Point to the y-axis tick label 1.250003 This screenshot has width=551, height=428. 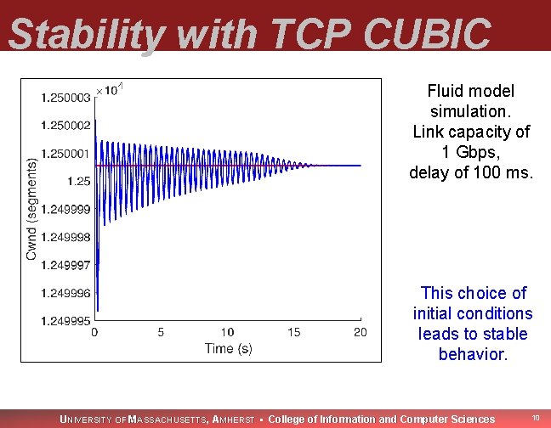(x=65, y=98)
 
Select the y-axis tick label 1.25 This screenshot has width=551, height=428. (x=78, y=181)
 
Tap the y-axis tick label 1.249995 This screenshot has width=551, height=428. (x=65, y=320)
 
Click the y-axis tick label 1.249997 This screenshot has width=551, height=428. (x=65, y=265)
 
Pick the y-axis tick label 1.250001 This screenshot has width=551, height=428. (x=65, y=154)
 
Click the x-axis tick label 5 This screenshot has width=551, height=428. (x=161, y=332)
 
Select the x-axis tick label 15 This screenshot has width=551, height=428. (x=293, y=332)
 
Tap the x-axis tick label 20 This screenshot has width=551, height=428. (x=361, y=332)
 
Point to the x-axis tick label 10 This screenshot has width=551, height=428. (x=227, y=332)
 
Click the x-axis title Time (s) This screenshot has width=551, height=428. (x=228, y=348)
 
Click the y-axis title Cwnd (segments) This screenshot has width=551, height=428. (x=31, y=208)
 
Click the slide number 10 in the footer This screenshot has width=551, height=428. (x=536, y=418)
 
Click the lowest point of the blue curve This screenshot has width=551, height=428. (x=98, y=311)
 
